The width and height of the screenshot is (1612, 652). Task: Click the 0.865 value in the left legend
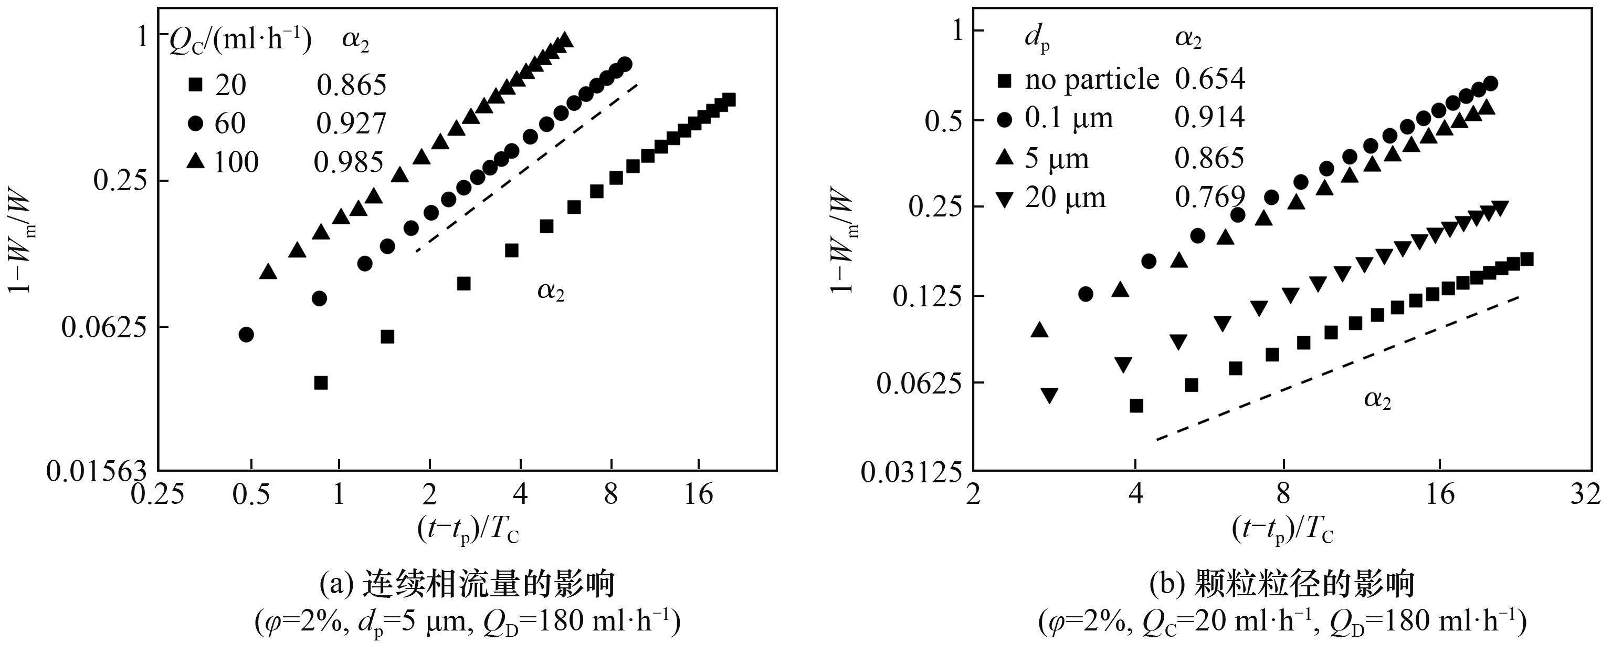coord(351,85)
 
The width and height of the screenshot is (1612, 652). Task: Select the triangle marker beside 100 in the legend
coord(196,162)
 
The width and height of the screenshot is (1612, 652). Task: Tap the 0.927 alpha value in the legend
coord(351,123)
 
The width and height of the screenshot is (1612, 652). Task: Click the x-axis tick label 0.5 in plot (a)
coord(251,495)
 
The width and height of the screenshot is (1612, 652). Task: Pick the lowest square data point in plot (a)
coord(321,382)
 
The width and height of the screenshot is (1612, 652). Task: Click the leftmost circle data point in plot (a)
coord(247,335)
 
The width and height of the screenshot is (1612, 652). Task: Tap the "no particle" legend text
coord(1092,79)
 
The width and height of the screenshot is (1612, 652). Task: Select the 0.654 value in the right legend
coord(1209,79)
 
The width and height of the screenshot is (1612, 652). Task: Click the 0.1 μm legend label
coord(1069,118)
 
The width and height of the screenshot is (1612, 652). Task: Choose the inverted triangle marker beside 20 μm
coord(1005,200)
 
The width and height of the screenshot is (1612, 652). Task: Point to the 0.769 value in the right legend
coord(1209,198)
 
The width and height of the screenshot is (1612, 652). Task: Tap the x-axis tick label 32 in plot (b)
coord(1585,495)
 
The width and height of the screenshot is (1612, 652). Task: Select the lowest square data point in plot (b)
coord(1136,406)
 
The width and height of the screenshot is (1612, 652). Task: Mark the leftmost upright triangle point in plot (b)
coord(1039,329)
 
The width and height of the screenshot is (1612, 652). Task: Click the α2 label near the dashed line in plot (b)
coord(1377,399)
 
